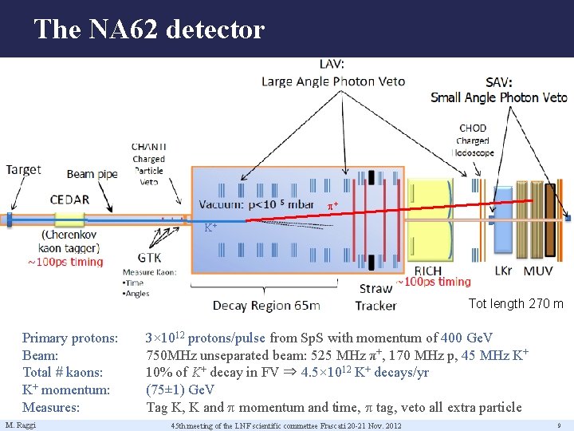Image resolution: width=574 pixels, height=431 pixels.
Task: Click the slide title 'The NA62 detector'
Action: click(x=148, y=30)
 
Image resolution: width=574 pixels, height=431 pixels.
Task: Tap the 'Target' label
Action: click(x=23, y=169)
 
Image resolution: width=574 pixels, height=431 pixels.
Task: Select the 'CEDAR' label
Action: click(x=69, y=199)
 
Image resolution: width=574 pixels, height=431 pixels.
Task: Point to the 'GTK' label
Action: click(x=148, y=257)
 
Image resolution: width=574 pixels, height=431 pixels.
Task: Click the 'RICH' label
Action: click(x=428, y=271)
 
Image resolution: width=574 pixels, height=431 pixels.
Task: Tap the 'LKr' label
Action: click(x=502, y=271)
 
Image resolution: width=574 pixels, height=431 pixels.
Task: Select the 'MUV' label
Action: click(x=538, y=271)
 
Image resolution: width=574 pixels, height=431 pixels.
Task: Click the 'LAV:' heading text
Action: click(x=333, y=64)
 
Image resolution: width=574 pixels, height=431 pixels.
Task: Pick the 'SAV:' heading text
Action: click(x=499, y=81)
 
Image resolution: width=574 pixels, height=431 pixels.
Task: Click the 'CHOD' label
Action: click(x=473, y=128)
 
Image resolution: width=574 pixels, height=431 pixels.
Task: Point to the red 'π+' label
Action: click(x=332, y=206)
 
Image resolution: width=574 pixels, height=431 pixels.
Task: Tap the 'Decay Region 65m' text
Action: click(x=266, y=306)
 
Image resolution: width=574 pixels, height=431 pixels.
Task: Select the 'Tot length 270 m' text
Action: click(x=516, y=303)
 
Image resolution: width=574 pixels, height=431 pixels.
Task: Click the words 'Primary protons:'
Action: click(x=70, y=338)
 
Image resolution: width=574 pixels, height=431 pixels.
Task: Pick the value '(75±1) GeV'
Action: click(x=180, y=389)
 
